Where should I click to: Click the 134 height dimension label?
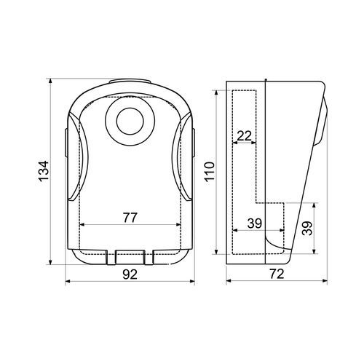tap(44, 171)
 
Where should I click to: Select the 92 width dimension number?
tap(130, 274)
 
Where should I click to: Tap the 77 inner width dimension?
tap(130, 218)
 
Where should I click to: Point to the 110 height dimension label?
tap(210, 172)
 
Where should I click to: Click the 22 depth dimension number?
tap(244, 136)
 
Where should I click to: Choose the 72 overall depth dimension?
tap(277, 274)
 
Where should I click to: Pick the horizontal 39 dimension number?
tap(255, 223)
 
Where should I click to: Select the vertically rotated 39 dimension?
tap(307, 229)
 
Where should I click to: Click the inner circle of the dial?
tap(130, 122)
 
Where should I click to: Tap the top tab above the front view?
tap(130, 82)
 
